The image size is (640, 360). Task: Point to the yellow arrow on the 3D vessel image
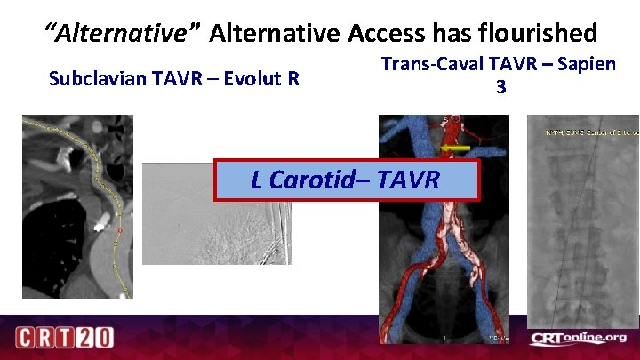pyautogui.click(x=456, y=148)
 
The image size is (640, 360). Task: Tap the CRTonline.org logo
pyautogui.click(x=578, y=338)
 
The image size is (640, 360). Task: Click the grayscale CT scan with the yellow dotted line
pyautogui.click(x=77, y=206)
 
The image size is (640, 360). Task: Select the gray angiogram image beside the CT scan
pyautogui.click(x=216, y=213)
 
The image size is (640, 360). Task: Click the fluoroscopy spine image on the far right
pyautogui.click(x=582, y=222)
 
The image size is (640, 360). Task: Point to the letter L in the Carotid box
pyautogui.click(x=257, y=180)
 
